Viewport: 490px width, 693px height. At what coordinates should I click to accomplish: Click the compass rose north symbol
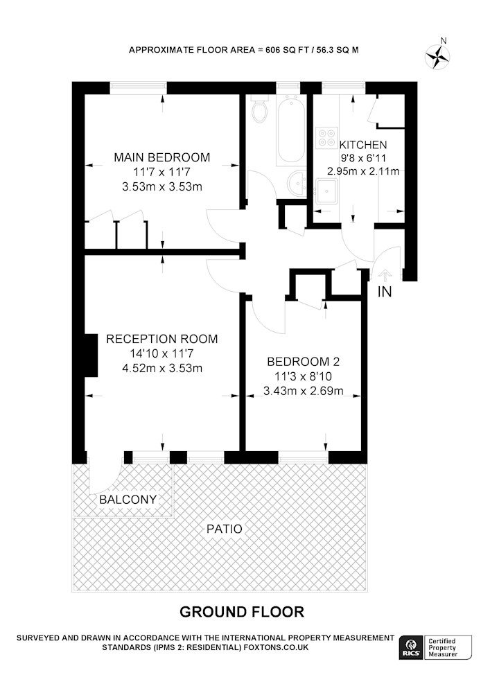(x=437, y=56)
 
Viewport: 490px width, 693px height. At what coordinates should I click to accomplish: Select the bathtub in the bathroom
(x=290, y=130)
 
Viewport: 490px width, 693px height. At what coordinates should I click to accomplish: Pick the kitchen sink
(x=326, y=191)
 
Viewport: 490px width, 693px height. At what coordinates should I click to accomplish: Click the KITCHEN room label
(x=363, y=145)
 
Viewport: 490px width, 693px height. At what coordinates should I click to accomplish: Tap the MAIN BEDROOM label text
(x=162, y=157)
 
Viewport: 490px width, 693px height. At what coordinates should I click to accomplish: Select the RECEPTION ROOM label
(x=162, y=339)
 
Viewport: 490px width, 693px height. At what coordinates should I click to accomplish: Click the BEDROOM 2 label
(x=303, y=362)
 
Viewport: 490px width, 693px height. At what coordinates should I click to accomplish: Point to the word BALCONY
(x=128, y=500)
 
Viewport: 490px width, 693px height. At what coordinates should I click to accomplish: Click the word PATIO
(x=225, y=529)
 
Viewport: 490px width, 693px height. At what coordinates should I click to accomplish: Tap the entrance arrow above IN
(x=385, y=276)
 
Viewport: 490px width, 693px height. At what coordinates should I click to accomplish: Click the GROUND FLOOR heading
(x=242, y=612)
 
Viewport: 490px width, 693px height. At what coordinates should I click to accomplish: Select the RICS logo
(x=410, y=647)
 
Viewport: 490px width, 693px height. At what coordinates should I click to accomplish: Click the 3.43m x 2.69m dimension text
(x=303, y=391)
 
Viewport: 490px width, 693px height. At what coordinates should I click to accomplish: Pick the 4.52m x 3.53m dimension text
(x=162, y=368)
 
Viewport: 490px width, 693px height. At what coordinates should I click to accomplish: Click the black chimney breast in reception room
(x=91, y=356)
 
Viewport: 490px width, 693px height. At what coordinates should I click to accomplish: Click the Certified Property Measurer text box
(x=446, y=647)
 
